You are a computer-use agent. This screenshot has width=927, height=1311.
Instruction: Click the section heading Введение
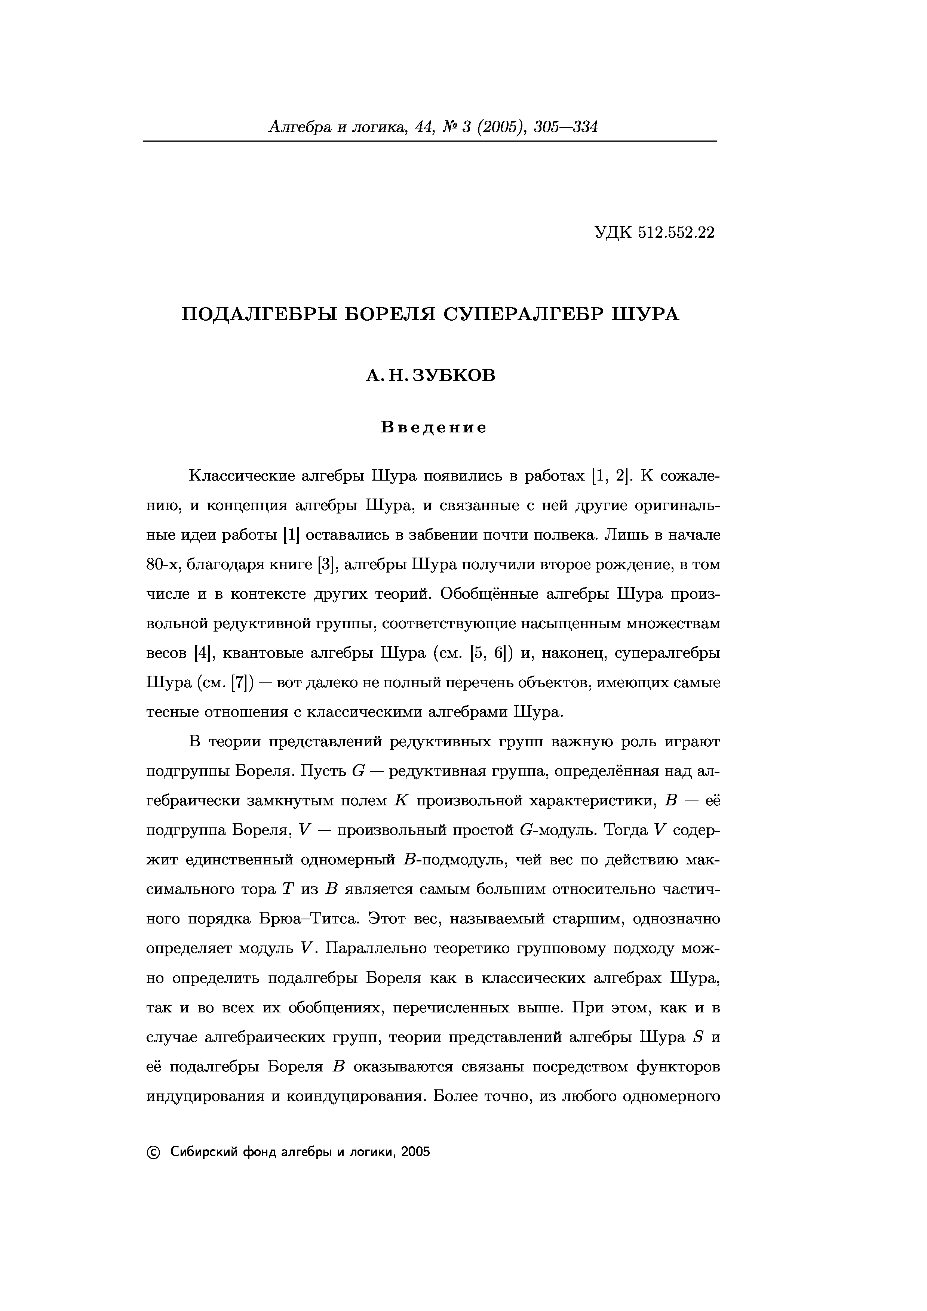coord(433,428)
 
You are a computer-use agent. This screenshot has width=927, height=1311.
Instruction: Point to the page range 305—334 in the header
coord(565,127)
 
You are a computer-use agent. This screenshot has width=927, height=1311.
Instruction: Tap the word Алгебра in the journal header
coord(299,127)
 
